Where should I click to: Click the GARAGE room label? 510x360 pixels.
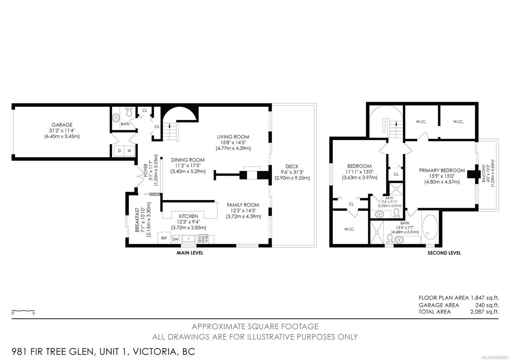coord(62,125)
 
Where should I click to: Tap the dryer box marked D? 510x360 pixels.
coord(119,151)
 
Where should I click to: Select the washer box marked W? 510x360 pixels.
coord(129,151)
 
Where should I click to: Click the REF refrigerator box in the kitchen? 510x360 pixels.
coord(164,238)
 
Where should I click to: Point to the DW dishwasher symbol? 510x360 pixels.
coord(175,239)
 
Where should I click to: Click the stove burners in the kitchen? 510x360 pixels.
coord(203,239)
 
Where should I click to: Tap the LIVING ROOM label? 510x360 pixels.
coord(233,137)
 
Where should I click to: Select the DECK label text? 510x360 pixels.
coord(292,166)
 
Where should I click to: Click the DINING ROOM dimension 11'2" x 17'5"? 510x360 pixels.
coord(188,166)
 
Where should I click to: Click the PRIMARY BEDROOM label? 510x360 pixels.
coord(442,170)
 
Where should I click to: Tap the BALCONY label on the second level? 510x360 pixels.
coord(484,173)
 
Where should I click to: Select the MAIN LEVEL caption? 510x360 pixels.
coord(190,253)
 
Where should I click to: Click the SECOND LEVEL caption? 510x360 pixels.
coord(444,253)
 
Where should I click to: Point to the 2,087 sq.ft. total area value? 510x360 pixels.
coord(484,312)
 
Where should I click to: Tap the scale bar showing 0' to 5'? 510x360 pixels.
coord(23,311)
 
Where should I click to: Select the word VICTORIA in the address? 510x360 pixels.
coord(154,352)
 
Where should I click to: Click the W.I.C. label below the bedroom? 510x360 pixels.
coord(349,229)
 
